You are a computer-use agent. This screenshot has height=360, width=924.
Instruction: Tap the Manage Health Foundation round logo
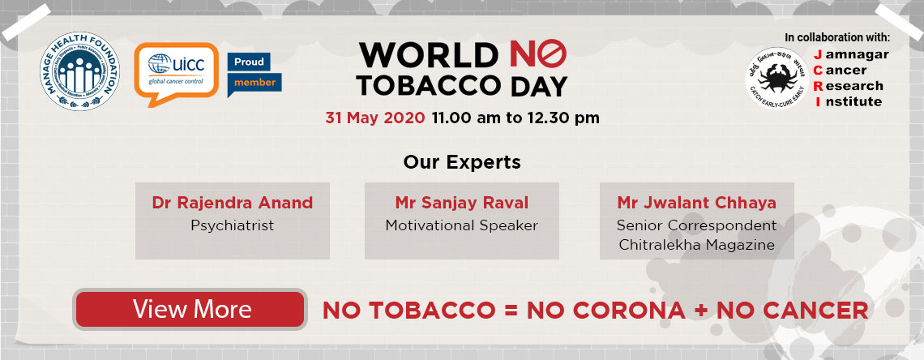pos(80,73)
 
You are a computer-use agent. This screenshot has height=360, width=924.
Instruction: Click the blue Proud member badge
pos(255,73)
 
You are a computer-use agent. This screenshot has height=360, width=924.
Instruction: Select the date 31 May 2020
pos(374,118)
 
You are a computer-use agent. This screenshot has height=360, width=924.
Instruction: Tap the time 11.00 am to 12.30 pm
pos(515,118)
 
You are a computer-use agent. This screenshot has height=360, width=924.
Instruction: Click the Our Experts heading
pos(462,161)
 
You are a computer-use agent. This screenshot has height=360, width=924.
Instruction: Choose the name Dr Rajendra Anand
pos(233,202)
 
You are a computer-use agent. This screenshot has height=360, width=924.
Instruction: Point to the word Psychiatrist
pos(233,225)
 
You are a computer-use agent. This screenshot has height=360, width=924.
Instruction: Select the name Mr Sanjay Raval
pos(461,202)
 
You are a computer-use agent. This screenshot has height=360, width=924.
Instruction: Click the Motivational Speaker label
pos(461,225)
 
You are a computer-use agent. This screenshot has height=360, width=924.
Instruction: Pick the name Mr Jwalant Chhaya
pos(696,202)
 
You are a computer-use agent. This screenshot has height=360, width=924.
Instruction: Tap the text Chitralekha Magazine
pos(696,245)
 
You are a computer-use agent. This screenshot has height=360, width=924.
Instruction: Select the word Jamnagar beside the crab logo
pos(851,54)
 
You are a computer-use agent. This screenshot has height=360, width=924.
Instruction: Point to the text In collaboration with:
pos(837,37)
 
